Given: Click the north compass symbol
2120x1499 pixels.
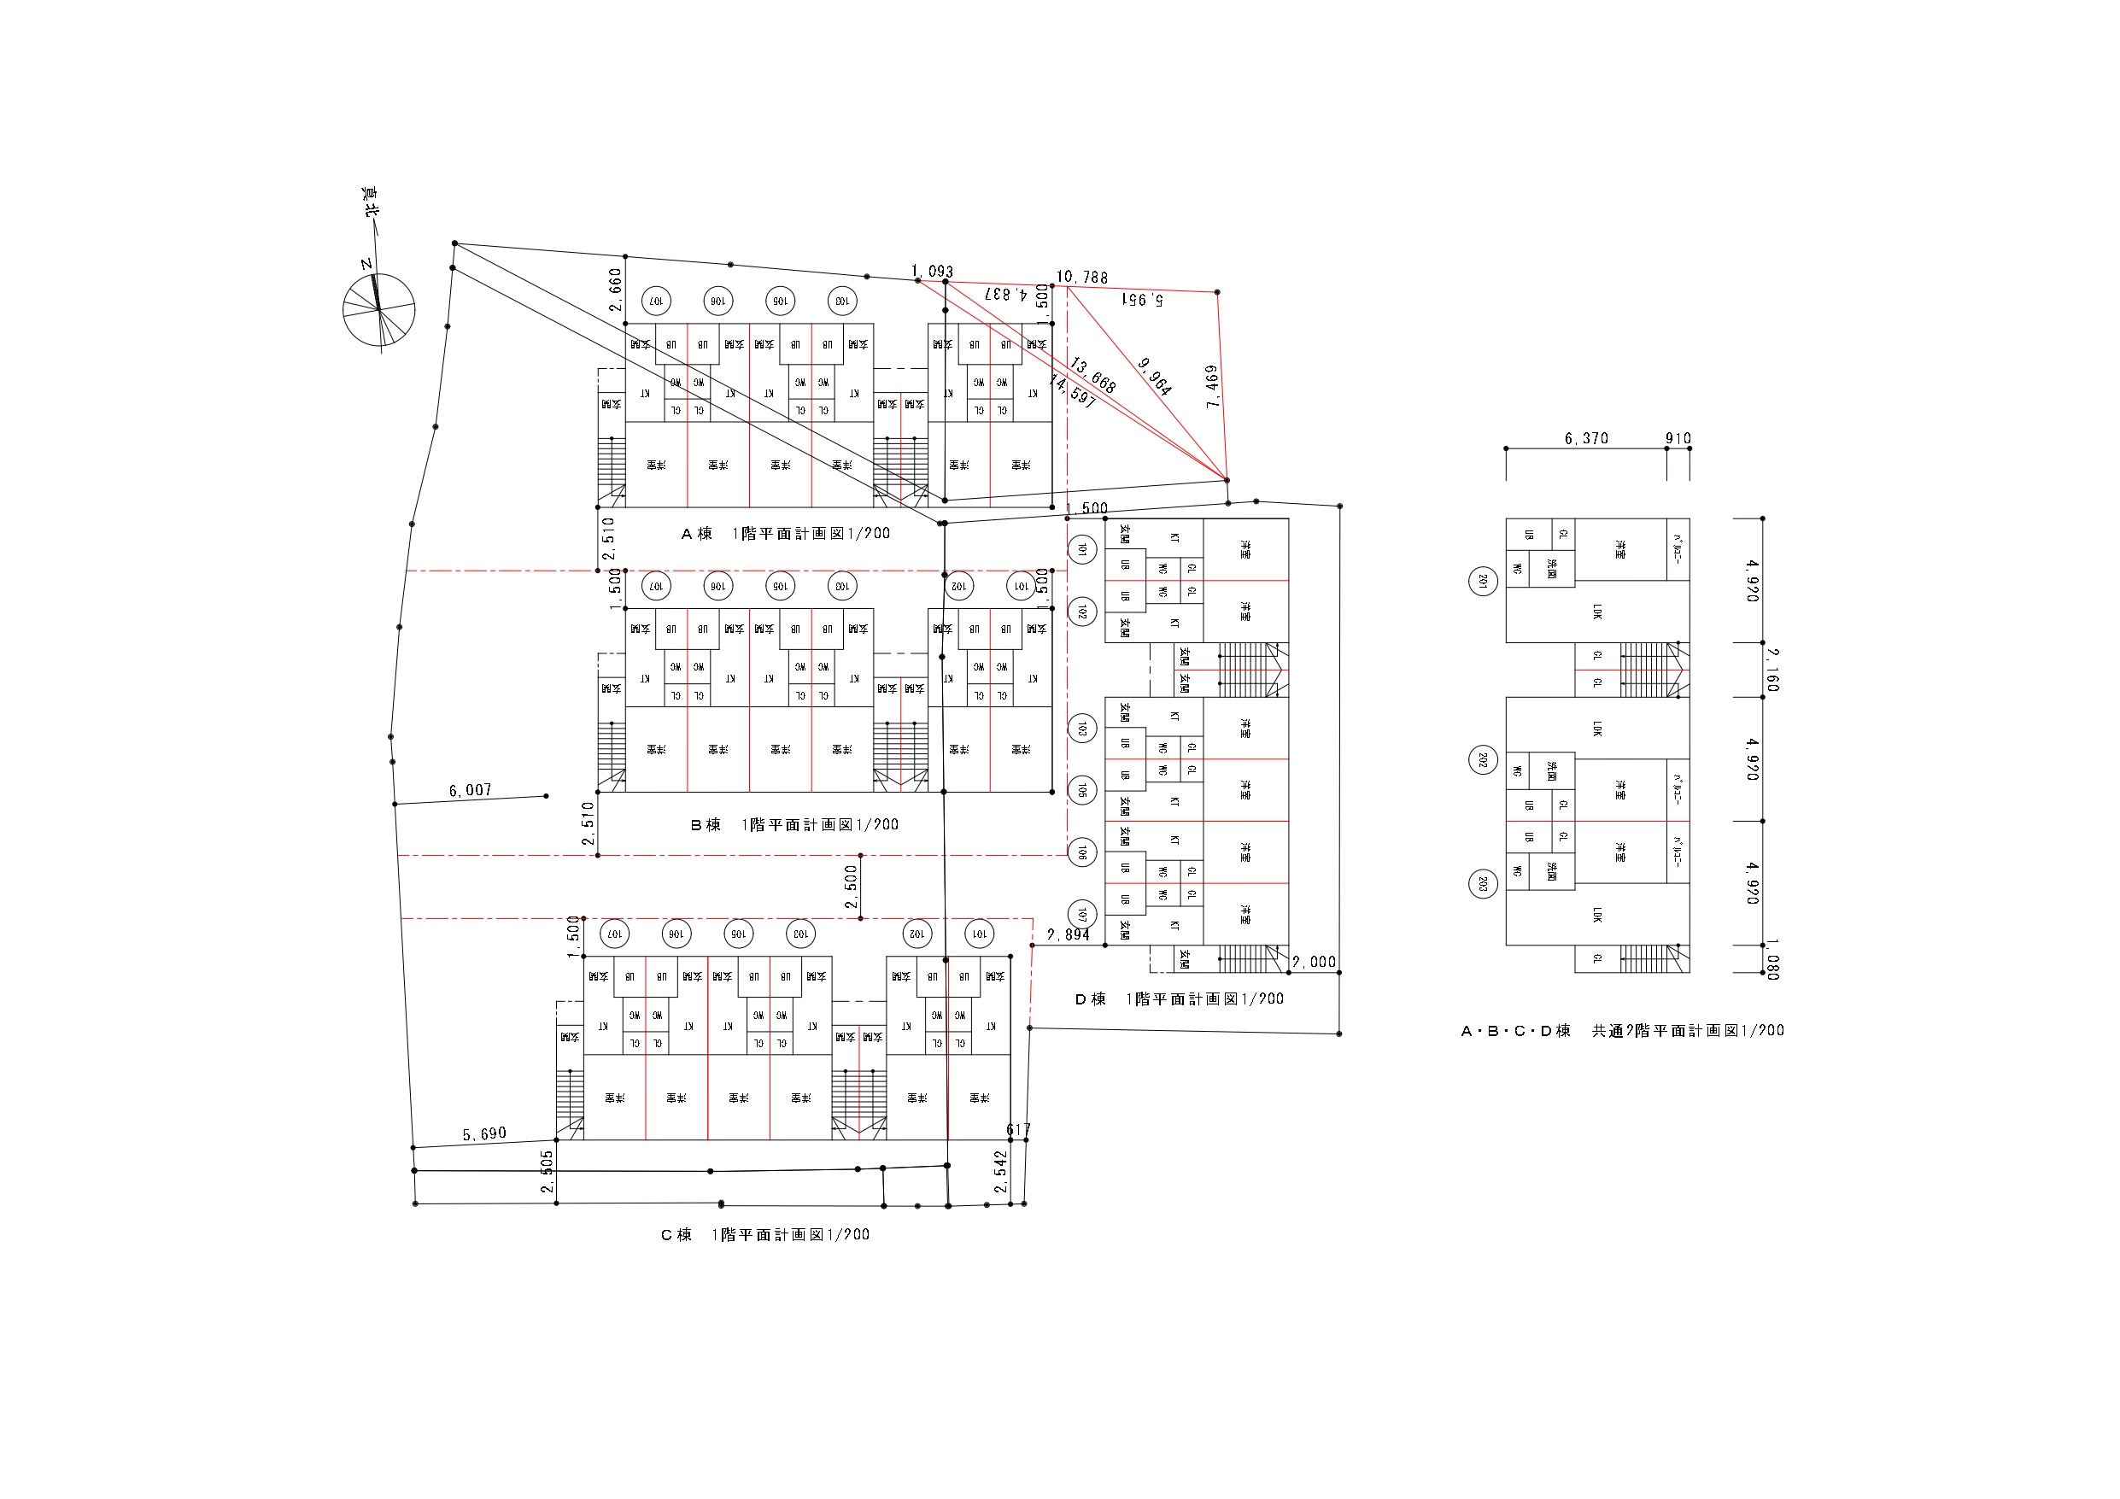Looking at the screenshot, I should [x=378, y=310].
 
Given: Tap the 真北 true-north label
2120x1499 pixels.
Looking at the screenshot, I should [x=370, y=202].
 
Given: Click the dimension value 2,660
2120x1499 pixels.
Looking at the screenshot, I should [x=616, y=289].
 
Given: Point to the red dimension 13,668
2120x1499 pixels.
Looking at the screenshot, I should [x=1093, y=375].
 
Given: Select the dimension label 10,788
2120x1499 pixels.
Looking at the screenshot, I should [x=1081, y=277].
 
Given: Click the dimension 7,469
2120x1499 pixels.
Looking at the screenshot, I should [x=1212, y=386].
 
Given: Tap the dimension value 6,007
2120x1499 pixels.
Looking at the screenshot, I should [x=470, y=791].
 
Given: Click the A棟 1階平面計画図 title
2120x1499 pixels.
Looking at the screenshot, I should [x=785, y=534].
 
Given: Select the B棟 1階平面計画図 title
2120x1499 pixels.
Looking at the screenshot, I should [x=794, y=825].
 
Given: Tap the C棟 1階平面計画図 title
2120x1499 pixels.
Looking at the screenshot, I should [x=764, y=1235].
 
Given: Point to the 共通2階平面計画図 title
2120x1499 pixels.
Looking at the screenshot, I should [x=1622, y=1031].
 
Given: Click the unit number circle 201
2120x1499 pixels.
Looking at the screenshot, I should [x=1483, y=581].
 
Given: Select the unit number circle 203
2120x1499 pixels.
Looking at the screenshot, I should [x=1483, y=884].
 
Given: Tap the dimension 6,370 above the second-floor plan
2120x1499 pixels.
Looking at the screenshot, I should [x=1586, y=439].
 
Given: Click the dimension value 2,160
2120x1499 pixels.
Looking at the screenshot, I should [x=1772, y=670].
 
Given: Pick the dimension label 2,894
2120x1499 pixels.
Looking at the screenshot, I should [x=1068, y=934].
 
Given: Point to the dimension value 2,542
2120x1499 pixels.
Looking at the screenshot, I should [x=1001, y=1171].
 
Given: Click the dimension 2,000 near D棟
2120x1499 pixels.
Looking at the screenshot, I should [x=1313, y=963].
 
